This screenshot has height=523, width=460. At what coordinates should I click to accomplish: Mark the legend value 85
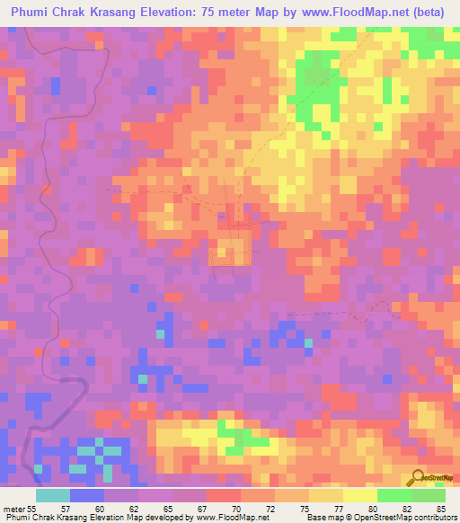click(440, 509)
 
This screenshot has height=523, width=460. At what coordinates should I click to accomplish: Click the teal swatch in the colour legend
click(53, 495)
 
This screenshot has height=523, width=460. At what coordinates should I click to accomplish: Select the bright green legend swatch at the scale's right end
click(429, 495)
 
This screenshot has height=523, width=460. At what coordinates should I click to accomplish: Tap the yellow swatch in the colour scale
click(360, 495)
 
